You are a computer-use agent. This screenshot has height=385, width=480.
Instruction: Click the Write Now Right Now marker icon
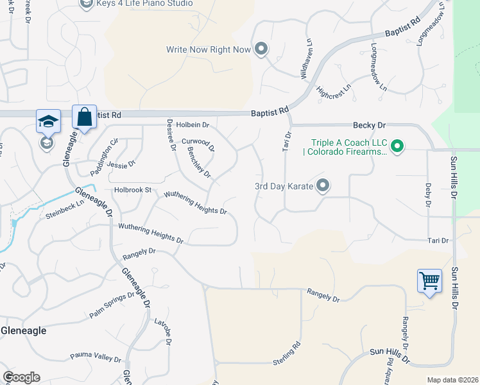[261, 49]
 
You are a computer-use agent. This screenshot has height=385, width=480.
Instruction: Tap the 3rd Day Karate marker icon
[323, 186]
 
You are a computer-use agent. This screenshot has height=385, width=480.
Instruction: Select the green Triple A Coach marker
[397, 147]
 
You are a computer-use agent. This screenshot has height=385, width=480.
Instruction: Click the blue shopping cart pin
[429, 280]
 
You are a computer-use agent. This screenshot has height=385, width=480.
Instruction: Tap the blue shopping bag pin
[84, 117]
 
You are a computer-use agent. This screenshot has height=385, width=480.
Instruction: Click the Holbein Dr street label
[193, 125]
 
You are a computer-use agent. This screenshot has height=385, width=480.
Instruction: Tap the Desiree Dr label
[171, 134]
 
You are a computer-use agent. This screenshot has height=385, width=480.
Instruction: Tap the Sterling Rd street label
[287, 354]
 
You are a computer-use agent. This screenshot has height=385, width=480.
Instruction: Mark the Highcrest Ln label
[334, 91]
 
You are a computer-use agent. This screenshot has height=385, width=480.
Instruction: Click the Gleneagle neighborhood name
[24, 330]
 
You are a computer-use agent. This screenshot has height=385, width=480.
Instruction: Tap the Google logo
[21, 377]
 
